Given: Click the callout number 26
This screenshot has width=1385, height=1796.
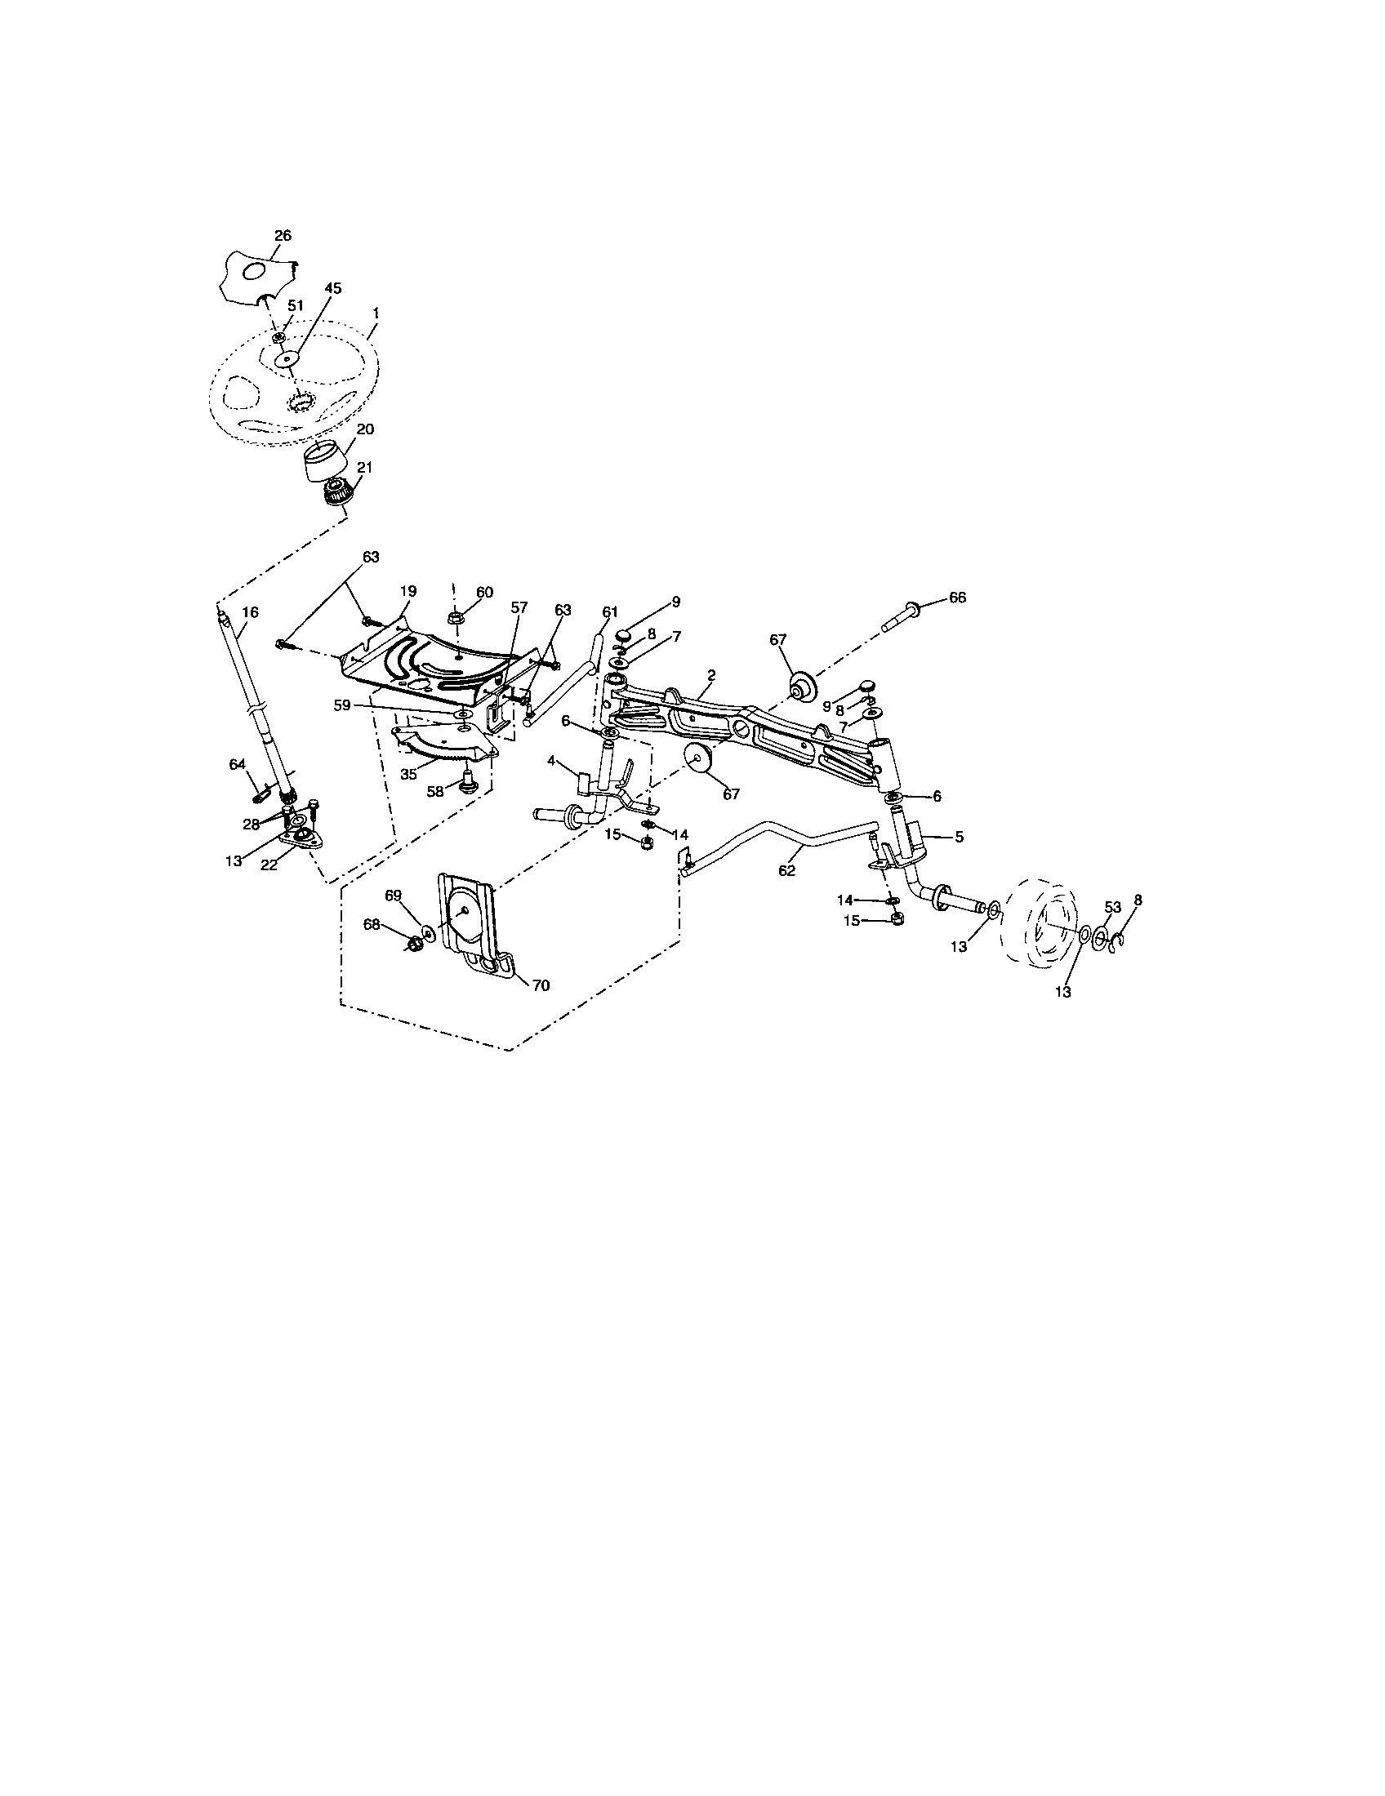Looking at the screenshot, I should coord(282,235).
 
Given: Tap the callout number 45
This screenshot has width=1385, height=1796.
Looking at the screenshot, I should coord(333,289).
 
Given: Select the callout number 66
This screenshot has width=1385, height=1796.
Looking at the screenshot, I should coord(957,597).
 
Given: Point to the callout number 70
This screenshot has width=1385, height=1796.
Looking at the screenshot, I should coord(541,985).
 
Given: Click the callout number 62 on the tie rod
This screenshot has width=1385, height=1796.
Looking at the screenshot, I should coord(786,871).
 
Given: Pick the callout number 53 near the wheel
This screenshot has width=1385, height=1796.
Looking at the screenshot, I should coord(1112,907).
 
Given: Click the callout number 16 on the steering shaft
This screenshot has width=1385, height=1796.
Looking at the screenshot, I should coord(250,611).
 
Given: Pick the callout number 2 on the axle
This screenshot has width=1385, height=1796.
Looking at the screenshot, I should coord(710,674).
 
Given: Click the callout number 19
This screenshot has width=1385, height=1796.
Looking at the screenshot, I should coord(408,591).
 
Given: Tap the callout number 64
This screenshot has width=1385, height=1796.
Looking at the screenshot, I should coord(237,765).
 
